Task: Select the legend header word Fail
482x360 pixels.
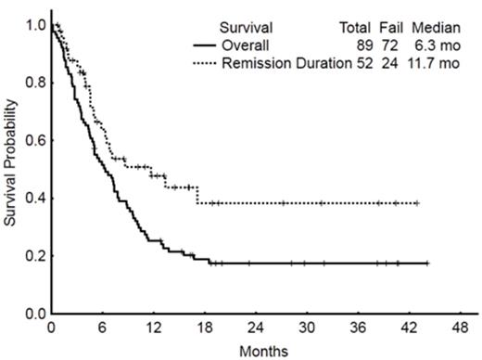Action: [x=391, y=28]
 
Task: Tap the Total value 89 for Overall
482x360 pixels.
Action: [x=362, y=45]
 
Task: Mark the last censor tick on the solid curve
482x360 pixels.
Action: [x=427, y=264]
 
